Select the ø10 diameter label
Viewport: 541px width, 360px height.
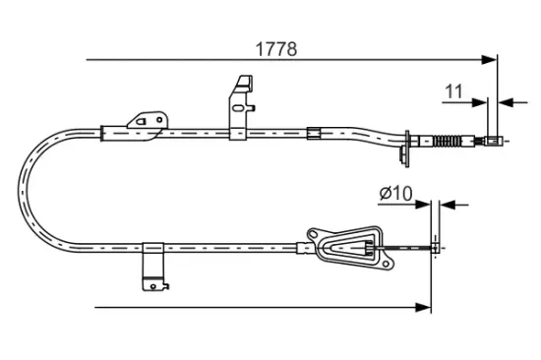[x=393, y=192]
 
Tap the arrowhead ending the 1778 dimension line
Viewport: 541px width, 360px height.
[x=491, y=61]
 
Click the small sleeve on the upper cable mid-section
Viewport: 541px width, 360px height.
[x=314, y=132]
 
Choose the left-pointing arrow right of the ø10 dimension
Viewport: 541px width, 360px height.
[x=446, y=205]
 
